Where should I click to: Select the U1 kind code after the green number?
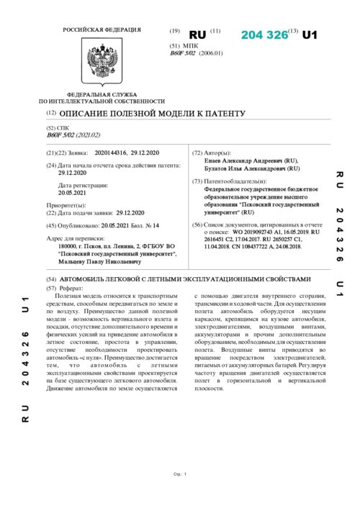(x=310, y=35)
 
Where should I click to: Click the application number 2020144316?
(x=109, y=153)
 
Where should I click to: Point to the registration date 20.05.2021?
(x=72, y=193)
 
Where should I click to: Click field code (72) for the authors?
(x=198, y=153)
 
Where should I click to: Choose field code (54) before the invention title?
(x=51, y=278)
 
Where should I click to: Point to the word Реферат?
(x=71, y=287)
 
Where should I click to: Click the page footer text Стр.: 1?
(x=180, y=473)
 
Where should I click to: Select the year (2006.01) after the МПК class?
(x=210, y=53)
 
